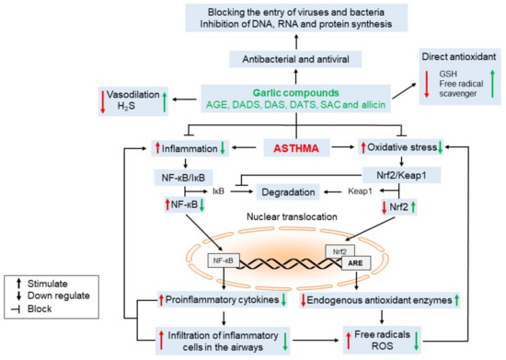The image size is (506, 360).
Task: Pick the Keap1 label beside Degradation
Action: click(360, 192)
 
